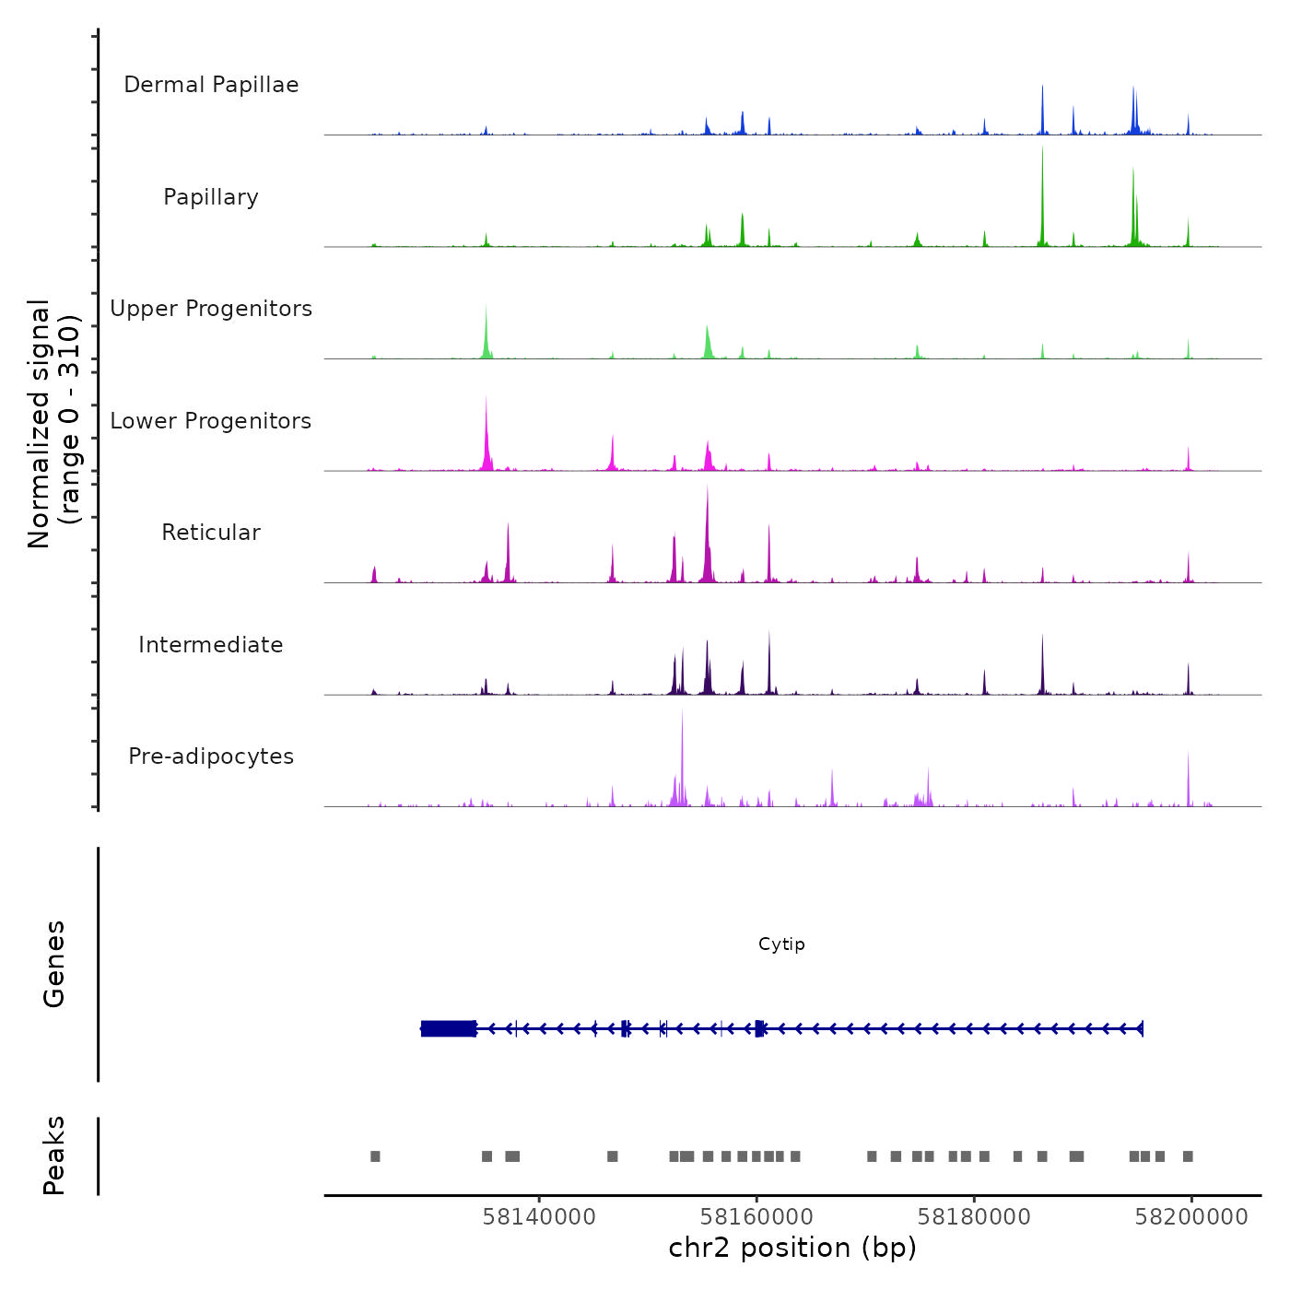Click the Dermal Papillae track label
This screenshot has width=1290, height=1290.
point(211,85)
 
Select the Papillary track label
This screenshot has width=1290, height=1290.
point(211,197)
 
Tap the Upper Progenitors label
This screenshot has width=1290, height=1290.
point(211,309)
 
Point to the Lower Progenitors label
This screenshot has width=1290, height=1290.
point(211,421)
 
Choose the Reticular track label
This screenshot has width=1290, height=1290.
point(211,533)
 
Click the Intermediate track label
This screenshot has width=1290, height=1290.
point(211,645)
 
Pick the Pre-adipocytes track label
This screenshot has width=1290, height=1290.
point(211,756)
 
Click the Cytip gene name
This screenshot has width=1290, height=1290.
point(781,944)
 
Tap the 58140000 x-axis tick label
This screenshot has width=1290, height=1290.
point(539,1217)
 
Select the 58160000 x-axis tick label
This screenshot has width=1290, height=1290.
point(756,1217)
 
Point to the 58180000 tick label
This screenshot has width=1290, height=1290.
point(974,1217)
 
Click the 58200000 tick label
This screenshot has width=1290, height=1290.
point(1191,1217)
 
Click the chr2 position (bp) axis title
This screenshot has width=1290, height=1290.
point(792,1248)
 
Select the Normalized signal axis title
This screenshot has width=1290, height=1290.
point(53,424)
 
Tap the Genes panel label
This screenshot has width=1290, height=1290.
point(54,964)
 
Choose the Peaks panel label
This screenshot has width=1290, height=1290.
point(54,1155)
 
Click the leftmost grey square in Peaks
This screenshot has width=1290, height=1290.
point(375,1156)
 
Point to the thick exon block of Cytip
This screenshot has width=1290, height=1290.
point(449,1028)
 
